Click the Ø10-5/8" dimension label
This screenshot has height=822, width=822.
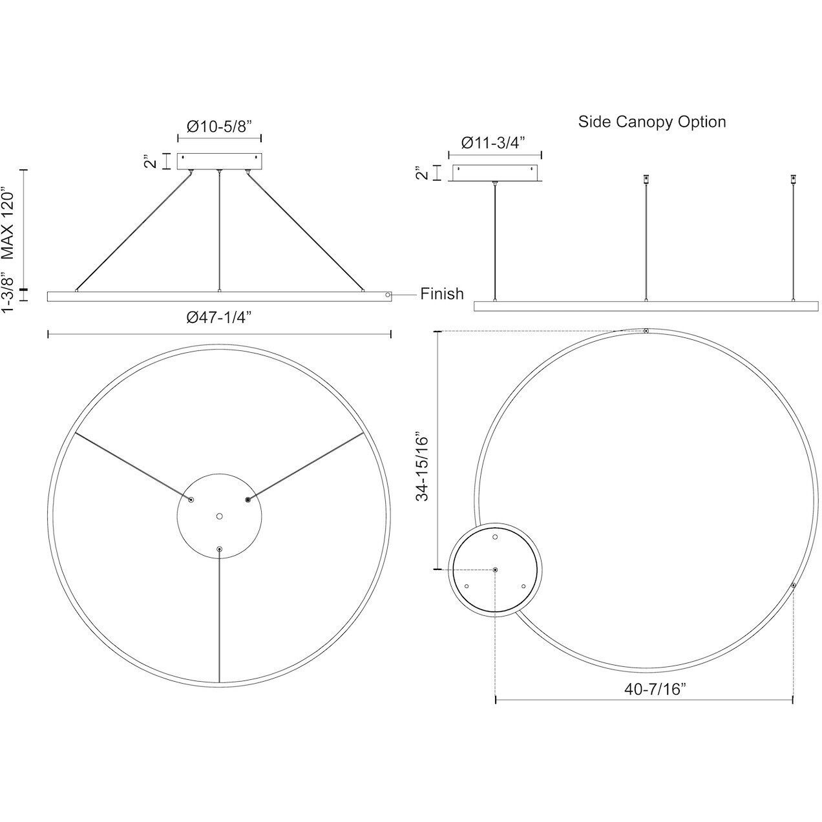point(219,127)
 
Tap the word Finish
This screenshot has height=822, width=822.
point(442,294)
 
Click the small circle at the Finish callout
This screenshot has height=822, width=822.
point(388,294)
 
